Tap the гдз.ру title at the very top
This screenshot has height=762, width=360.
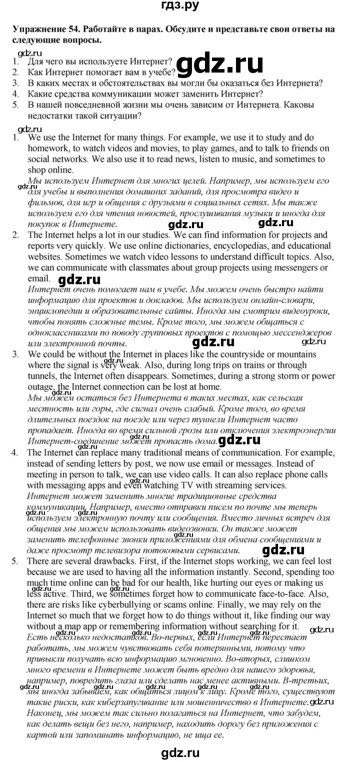tap(180, 7)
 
